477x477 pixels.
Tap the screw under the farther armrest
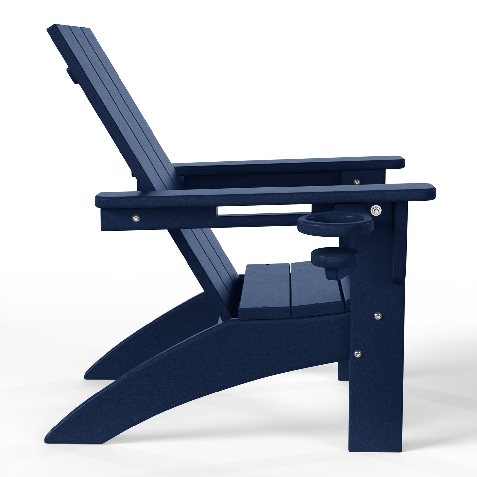coord(356,181)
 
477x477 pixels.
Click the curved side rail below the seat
coord(231,357)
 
